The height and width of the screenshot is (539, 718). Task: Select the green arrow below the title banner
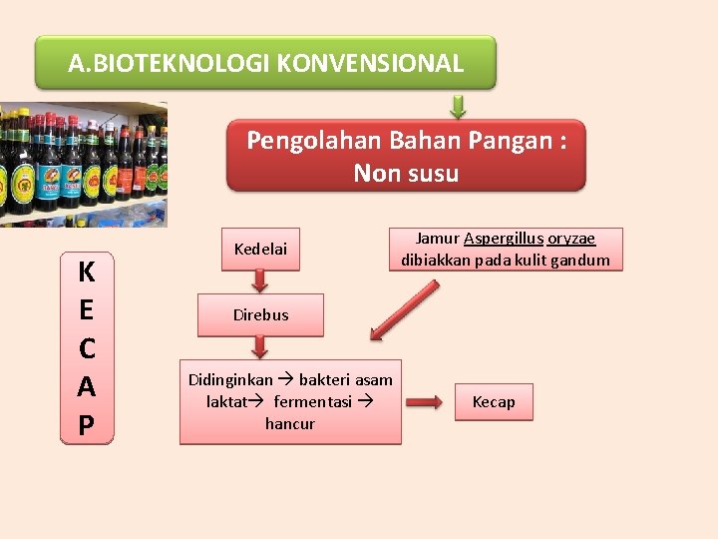click(x=458, y=106)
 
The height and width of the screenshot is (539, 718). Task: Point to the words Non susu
click(x=406, y=174)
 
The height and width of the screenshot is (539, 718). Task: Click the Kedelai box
click(x=260, y=249)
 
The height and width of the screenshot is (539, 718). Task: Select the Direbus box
click(x=260, y=314)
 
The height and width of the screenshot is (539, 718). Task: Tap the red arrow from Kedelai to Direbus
click(x=260, y=283)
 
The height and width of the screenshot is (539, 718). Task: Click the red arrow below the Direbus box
click(x=260, y=346)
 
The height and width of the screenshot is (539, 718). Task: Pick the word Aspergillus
click(x=503, y=239)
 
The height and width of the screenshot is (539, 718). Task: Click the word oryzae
click(x=571, y=239)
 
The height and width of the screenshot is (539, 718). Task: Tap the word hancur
click(x=290, y=424)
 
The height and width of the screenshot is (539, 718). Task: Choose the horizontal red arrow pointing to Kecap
click(x=425, y=402)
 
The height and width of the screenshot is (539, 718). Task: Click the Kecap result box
click(x=494, y=402)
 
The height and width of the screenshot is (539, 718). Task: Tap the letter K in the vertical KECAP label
click(x=87, y=271)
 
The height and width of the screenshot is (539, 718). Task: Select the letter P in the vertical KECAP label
click(x=87, y=426)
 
